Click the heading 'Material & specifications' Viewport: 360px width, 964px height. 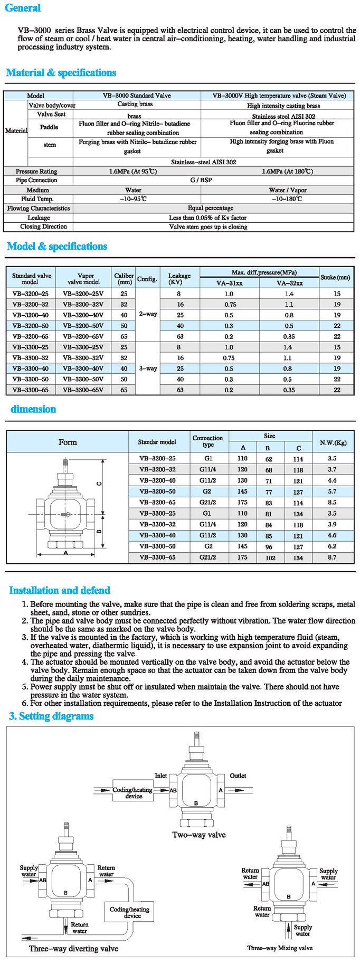click(x=61, y=73)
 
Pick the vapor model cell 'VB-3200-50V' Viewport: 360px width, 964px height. click(x=83, y=326)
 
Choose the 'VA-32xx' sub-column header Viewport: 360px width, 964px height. click(x=289, y=283)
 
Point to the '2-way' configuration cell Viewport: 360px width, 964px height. click(x=148, y=314)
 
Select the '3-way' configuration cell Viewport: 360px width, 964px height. click(x=148, y=368)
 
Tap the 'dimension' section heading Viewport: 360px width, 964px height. click(x=33, y=409)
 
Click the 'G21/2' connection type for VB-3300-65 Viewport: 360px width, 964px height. click(x=207, y=557)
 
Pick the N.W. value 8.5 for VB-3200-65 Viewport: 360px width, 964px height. click(x=331, y=503)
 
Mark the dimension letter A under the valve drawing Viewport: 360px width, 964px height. click(x=66, y=552)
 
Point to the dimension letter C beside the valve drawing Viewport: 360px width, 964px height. click(x=99, y=483)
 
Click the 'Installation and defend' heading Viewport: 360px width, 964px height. click(x=60, y=590)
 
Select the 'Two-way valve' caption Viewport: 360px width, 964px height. click(x=199, y=835)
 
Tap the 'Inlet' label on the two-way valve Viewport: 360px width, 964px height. click(x=160, y=776)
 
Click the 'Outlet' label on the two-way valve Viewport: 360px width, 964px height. click(x=238, y=776)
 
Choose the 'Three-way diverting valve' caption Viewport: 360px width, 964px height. click(x=73, y=948)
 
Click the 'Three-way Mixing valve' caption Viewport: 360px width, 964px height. click(x=280, y=948)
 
